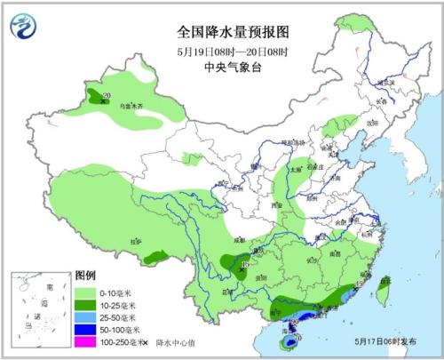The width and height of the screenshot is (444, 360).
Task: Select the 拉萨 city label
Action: (136, 240)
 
